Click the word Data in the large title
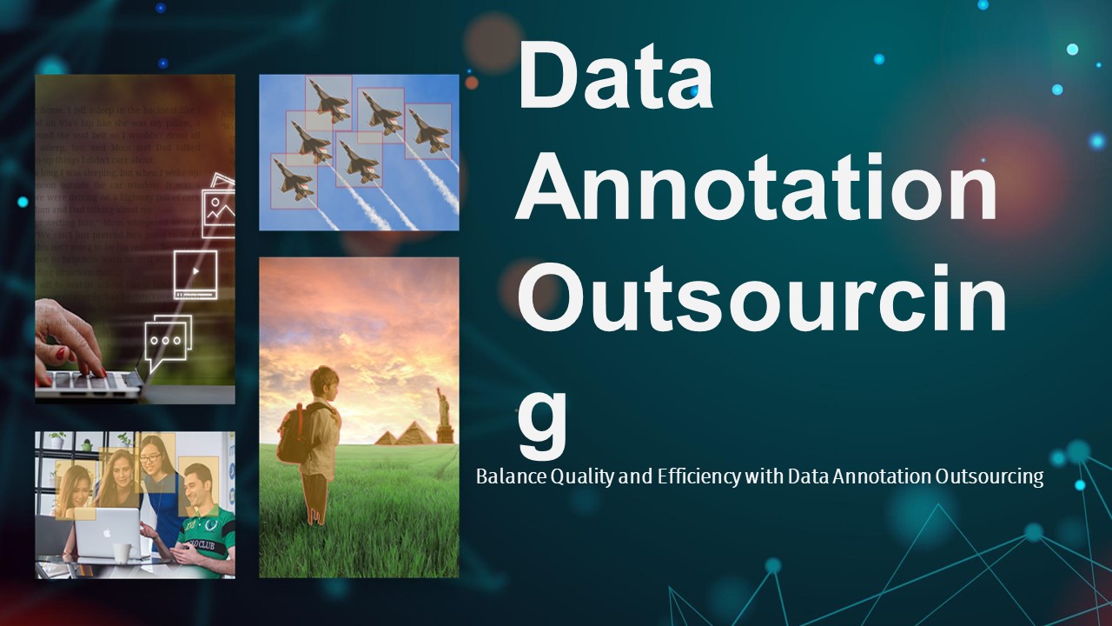pyautogui.click(x=615, y=76)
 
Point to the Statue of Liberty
pyautogui.click(x=444, y=416)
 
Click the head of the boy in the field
pyautogui.click(x=325, y=383)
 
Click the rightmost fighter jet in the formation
pyautogui.click(x=427, y=130)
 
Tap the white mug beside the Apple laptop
pyautogui.click(x=122, y=552)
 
